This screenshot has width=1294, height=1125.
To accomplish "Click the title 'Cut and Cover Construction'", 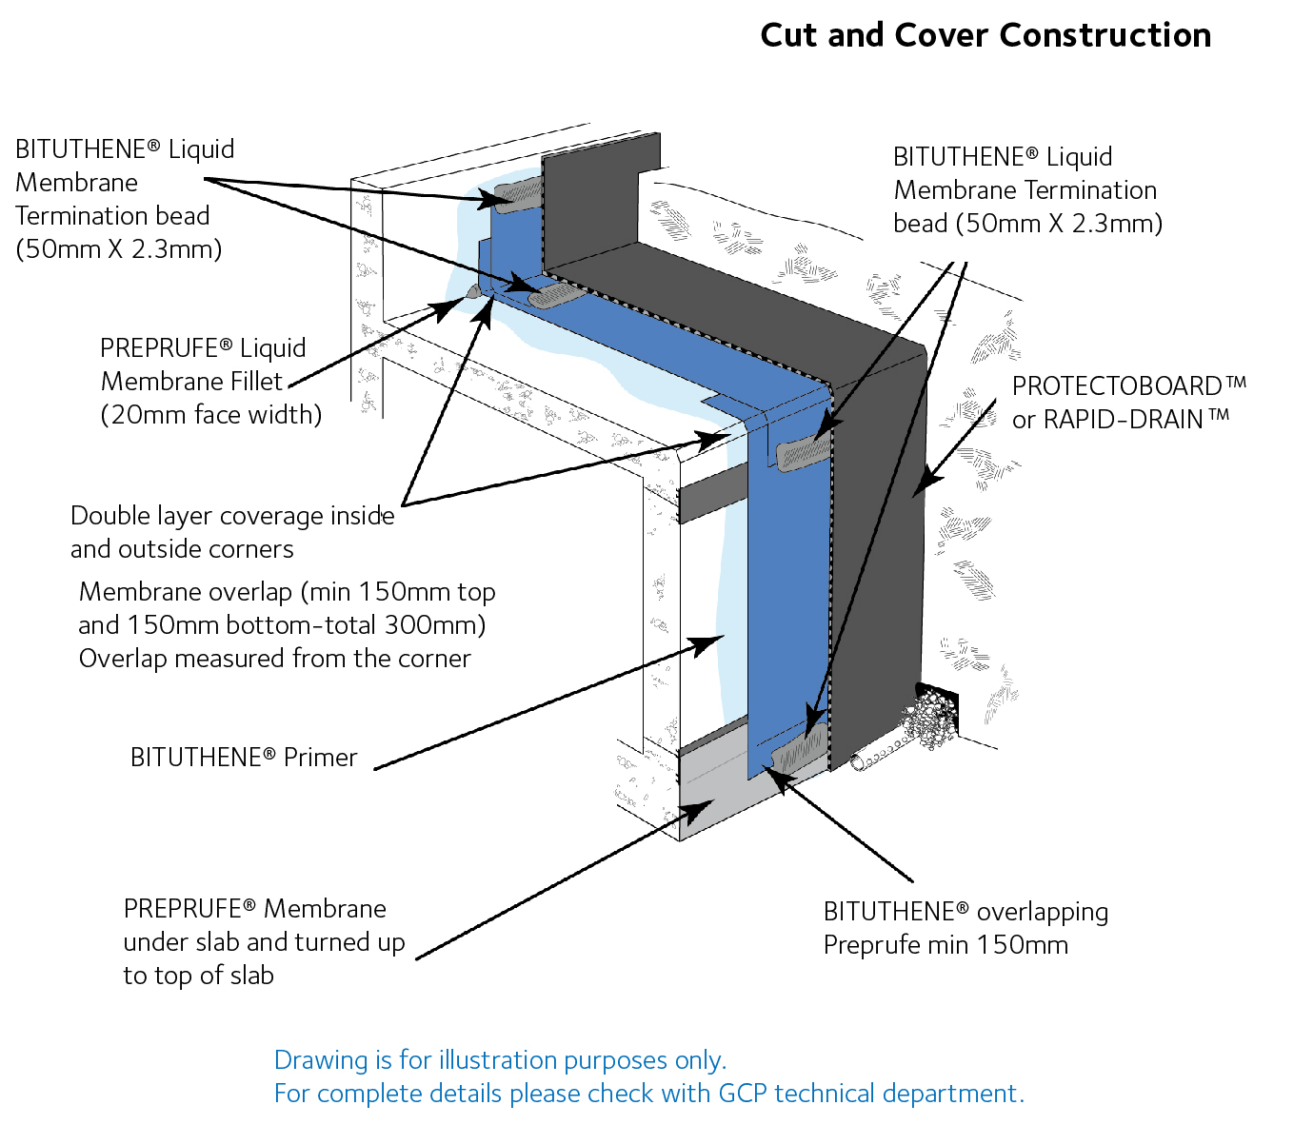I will (x=985, y=35).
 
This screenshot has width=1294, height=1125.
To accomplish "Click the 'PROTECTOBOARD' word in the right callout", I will (x=1117, y=386).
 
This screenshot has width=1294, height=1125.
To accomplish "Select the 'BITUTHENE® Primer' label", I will (x=244, y=758).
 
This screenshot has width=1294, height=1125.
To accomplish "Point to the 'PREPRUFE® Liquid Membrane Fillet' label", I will (x=203, y=365).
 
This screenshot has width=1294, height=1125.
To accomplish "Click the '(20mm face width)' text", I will (x=211, y=415).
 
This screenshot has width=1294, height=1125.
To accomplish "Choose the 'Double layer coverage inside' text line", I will (x=232, y=516).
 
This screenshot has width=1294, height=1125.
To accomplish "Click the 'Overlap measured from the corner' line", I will (x=274, y=659).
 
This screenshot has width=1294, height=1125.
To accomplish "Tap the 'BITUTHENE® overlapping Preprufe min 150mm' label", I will (x=965, y=928).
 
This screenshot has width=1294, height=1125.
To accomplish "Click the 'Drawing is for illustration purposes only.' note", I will (x=500, y=1060).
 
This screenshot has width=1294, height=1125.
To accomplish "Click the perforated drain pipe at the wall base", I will (x=876, y=757).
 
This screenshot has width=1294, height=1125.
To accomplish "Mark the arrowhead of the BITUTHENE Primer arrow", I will (x=709, y=642).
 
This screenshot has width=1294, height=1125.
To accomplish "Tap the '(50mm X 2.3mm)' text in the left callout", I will (x=119, y=249).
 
